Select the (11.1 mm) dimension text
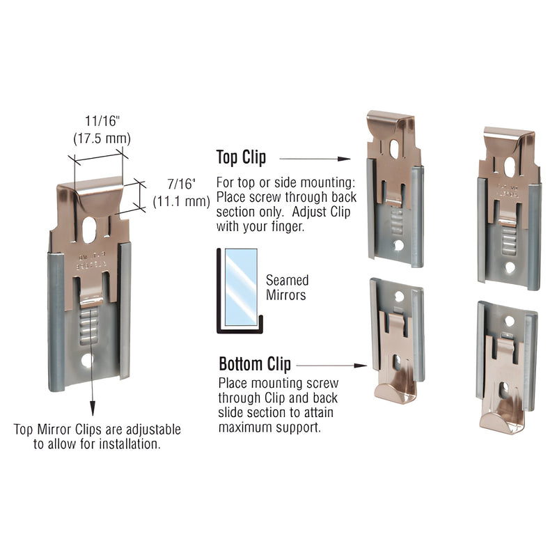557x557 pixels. click(181, 202)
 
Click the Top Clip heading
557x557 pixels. click(241, 157)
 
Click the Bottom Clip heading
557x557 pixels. click(255, 364)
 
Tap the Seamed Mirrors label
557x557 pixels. click(287, 288)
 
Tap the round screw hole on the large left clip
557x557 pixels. click(86, 361)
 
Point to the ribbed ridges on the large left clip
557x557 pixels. click(88, 326)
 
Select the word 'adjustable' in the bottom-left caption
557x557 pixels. click(149, 429)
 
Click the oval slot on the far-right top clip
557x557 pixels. click(510, 166)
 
